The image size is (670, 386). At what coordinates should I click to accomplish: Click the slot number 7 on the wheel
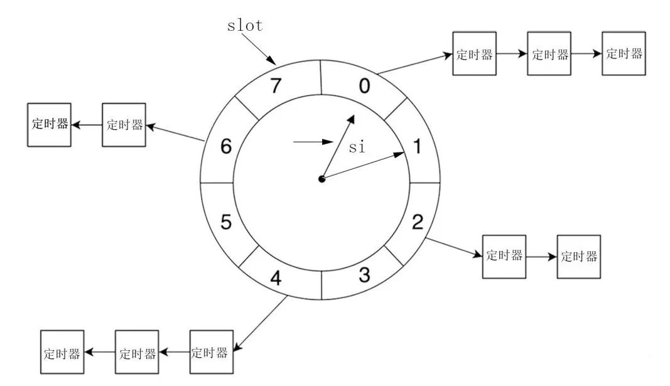[276, 86]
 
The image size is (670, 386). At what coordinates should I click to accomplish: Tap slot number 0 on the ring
[363, 85]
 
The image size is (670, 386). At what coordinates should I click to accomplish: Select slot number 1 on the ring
[416, 147]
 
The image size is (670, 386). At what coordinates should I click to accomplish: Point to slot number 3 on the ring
[364, 277]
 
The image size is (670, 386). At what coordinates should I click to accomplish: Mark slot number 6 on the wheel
[226, 147]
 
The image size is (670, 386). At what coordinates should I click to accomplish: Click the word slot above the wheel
[244, 26]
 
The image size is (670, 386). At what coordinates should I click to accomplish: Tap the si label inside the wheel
[356, 147]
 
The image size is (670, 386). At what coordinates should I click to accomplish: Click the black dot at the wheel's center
[322, 179]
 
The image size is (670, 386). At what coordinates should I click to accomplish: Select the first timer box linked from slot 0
[474, 54]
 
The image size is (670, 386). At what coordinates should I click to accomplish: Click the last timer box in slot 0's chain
[624, 53]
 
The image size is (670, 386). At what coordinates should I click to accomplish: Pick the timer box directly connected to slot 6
[124, 125]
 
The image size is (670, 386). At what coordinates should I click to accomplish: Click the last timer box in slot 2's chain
[578, 256]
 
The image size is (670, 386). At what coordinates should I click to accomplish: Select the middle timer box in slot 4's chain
[137, 353]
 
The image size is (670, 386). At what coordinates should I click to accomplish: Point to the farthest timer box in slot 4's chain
[62, 353]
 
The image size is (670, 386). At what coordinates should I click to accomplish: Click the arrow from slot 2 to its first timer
[453, 247]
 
